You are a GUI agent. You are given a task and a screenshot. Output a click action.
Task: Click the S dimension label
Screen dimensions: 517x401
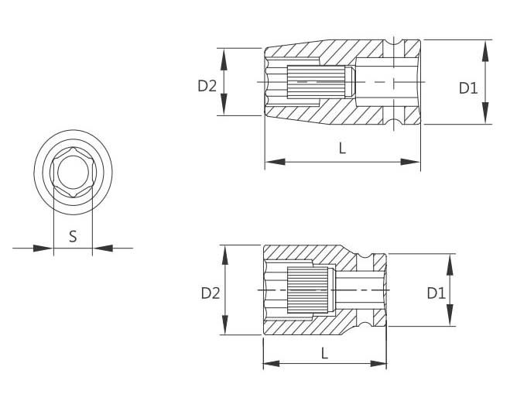pos(73,236)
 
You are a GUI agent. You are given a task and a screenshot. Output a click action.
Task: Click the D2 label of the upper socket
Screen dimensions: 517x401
pos(207,86)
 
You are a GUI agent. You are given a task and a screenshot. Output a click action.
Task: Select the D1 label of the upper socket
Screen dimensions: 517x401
pos(468,88)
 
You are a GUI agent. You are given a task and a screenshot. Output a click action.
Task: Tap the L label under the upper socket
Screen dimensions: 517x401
pos(343,148)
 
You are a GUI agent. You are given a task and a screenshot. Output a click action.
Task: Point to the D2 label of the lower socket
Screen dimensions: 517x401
pos(211,293)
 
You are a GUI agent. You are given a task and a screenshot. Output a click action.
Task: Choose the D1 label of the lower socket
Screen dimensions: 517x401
pos(437,293)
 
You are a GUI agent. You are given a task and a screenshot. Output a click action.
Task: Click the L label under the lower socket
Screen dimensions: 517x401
pos(325,353)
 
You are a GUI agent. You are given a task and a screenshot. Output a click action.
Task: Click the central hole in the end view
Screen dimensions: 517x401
pos(73,172)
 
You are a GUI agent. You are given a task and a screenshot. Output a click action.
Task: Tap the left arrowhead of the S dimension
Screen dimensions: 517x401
pos(43,248)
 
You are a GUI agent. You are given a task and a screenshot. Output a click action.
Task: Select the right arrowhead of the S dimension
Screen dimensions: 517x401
pos(102,248)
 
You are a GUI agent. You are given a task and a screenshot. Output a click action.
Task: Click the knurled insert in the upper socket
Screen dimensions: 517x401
pos(317,81)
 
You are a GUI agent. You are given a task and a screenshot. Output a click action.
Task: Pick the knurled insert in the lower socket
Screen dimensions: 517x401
pos(307,290)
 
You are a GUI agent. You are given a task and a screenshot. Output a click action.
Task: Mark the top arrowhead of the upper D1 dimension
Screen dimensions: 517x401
pos(485,50)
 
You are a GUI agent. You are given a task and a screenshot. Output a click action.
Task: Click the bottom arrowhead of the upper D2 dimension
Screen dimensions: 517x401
pos(224,105)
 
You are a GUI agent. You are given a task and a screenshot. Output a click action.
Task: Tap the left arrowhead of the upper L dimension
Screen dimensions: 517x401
pos(276,162)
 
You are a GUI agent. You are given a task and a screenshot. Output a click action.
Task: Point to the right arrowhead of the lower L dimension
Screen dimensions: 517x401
pos(378,364)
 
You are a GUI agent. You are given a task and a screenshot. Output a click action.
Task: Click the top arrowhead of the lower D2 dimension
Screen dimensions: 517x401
pos(225,255)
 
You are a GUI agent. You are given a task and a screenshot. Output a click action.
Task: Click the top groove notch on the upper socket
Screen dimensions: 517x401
pos(394,43)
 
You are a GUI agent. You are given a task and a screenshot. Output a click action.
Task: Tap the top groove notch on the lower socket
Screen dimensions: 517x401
pos(365,256)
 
